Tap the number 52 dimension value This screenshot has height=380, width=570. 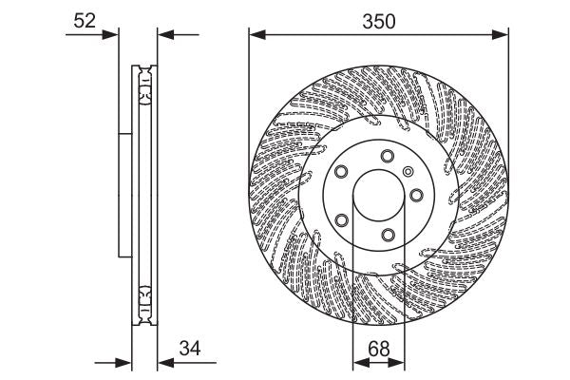pyautogui.click(x=85, y=20)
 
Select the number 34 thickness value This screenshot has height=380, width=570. pyautogui.click(x=193, y=350)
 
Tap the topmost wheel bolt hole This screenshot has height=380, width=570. pyautogui.click(x=387, y=157)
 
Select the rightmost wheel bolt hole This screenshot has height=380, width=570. pyautogui.click(x=416, y=198)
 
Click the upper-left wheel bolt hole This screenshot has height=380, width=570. pyautogui.click(x=341, y=173)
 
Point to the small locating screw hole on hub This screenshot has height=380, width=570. pyautogui.click(x=408, y=171)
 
